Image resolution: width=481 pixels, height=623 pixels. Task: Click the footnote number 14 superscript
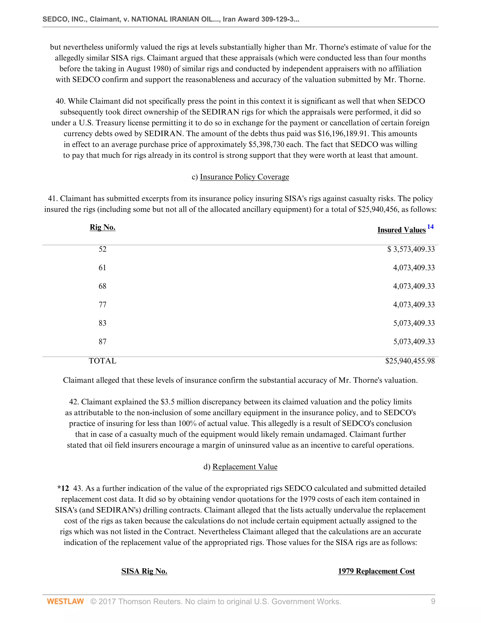coord(430,227)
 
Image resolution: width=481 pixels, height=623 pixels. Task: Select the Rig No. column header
coord(102,227)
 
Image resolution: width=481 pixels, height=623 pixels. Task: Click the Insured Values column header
coord(401,230)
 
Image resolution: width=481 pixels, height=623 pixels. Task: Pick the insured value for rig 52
coord(411,249)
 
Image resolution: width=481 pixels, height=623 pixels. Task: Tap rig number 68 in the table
coord(102,286)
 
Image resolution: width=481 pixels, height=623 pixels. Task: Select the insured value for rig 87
coord(414,342)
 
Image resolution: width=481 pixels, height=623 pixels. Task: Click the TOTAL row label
coord(102,361)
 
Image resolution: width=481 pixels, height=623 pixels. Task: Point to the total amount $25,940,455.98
coord(410,361)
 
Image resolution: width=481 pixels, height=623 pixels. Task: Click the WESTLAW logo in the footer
coord(65,602)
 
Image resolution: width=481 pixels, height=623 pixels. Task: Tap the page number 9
coord(433,602)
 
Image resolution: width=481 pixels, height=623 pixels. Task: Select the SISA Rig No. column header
coord(144,571)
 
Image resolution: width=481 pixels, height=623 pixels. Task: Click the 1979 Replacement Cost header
coord(376,571)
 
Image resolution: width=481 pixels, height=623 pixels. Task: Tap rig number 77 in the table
coord(102,305)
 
